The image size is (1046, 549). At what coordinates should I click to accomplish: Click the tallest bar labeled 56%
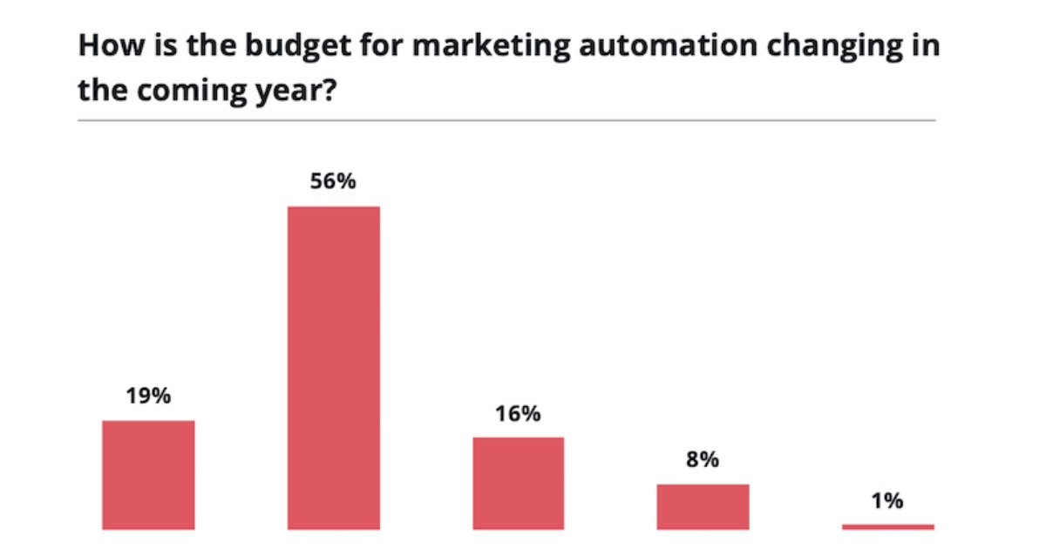pyautogui.click(x=334, y=367)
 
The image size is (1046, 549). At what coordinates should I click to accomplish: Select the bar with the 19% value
pyautogui.click(x=148, y=474)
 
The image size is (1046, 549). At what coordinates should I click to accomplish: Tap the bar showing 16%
pyautogui.click(x=519, y=483)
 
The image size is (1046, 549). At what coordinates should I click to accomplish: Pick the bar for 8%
pyautogui.click(x=703, y=506)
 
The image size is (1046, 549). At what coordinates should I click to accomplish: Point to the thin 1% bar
pyautogui.click(x=887, y=526)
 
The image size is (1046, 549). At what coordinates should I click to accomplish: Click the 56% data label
pyautogui.click(x=334, y=183)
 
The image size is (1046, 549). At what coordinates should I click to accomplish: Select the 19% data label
pyautogui.click(x=148, y=396)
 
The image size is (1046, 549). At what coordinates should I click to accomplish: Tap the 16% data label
pyautogui.click(x=519, y=414)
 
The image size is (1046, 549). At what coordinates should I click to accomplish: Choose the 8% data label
pyautogui.click(x=703, y=460)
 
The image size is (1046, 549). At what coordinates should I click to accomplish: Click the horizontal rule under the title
pyautogui.click(x=506, y=120)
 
